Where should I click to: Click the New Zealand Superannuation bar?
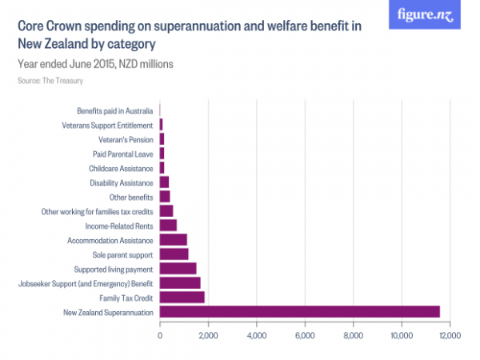pyautogui.click(x=300, y=311)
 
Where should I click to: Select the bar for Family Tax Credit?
pyautogui.click(x=182, y=297)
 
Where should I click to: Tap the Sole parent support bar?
pyautogui.click(x=174, y=254)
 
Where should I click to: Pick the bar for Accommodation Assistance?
pyautogui.click(x=174, y=239)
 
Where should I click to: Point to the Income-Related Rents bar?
pyautogui.click(x=168, y=225)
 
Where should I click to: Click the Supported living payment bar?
pyautogui.click(x=178, y=268)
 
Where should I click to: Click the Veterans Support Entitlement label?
pyautogui.click(x=107, y=125)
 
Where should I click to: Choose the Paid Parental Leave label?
pyautogui.click(x=123, y=154)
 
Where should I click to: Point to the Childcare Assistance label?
pyautogui.click(x=121, y=168)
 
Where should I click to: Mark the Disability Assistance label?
pyautogui.click(x=120, y=182)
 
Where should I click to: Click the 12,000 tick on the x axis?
pyautogui.click(x=450, y=335)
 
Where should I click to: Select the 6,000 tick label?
pyautogui.click(x=305, y=335)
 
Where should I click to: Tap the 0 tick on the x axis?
pyautogui.click(x=160, y=335)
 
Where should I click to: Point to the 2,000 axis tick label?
pyautogui.click(x=208, y=335)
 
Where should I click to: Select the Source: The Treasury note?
pyautogui.click(x=50, y=81)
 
